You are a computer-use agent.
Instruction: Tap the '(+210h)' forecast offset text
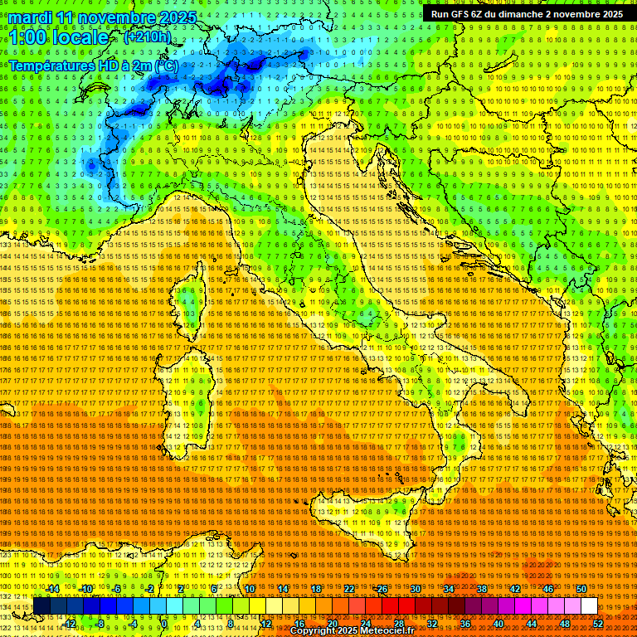[147, 36]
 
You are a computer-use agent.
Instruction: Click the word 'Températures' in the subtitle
[48, 65]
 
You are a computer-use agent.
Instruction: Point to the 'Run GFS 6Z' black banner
[527, 14]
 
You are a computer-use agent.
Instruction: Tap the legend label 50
[581, 589]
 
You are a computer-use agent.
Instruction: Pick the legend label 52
[598, 624]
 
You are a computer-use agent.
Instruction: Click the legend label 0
[165, 624]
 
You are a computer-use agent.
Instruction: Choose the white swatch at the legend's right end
[589, 606]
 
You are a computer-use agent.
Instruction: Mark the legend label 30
[415, 589]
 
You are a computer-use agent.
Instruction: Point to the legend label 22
[349, 589]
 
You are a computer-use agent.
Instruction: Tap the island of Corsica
[190, 303]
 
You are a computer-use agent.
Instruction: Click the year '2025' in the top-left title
[175, 17]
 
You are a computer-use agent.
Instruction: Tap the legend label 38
[481, 589]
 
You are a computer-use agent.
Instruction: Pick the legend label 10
[250, 589]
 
